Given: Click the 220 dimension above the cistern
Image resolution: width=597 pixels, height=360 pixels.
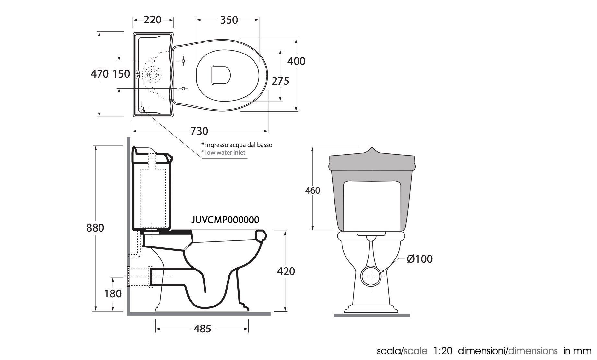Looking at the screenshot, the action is [x=152, y=20].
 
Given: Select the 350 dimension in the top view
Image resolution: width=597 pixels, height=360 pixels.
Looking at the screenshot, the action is [x=229, y=20].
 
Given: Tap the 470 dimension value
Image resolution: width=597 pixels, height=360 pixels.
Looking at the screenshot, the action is [x=99, y=74].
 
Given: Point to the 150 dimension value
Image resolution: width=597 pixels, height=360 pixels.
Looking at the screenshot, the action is [x=122, y=74].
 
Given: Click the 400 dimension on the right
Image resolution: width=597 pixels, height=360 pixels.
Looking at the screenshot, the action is [x=296, y=61].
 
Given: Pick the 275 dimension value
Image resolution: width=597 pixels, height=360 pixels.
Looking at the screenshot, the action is [x=280, y=81].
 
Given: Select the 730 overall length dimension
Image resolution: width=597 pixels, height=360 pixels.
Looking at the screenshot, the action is [x=199, y=131].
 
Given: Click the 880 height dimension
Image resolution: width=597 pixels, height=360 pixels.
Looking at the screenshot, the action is [x=95, y=228].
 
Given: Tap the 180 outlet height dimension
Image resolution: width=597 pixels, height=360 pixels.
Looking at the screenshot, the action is [x=113, y=294].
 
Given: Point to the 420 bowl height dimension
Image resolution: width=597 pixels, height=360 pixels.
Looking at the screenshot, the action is [x=286, y=271].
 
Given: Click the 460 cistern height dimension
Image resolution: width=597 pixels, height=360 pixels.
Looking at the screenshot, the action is [x=312, y=190].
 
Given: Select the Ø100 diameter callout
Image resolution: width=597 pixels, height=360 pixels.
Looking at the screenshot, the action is [x=420, y=259].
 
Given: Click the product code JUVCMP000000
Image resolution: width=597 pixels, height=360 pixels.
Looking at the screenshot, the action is [x=225, y=220].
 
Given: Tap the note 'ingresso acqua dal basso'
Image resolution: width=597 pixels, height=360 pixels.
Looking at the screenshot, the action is [x=237, y=145].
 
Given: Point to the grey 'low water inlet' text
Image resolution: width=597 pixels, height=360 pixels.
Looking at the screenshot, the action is [x=223, y=152].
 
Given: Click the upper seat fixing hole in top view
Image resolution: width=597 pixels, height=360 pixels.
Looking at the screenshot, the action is [x=183, y=61].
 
